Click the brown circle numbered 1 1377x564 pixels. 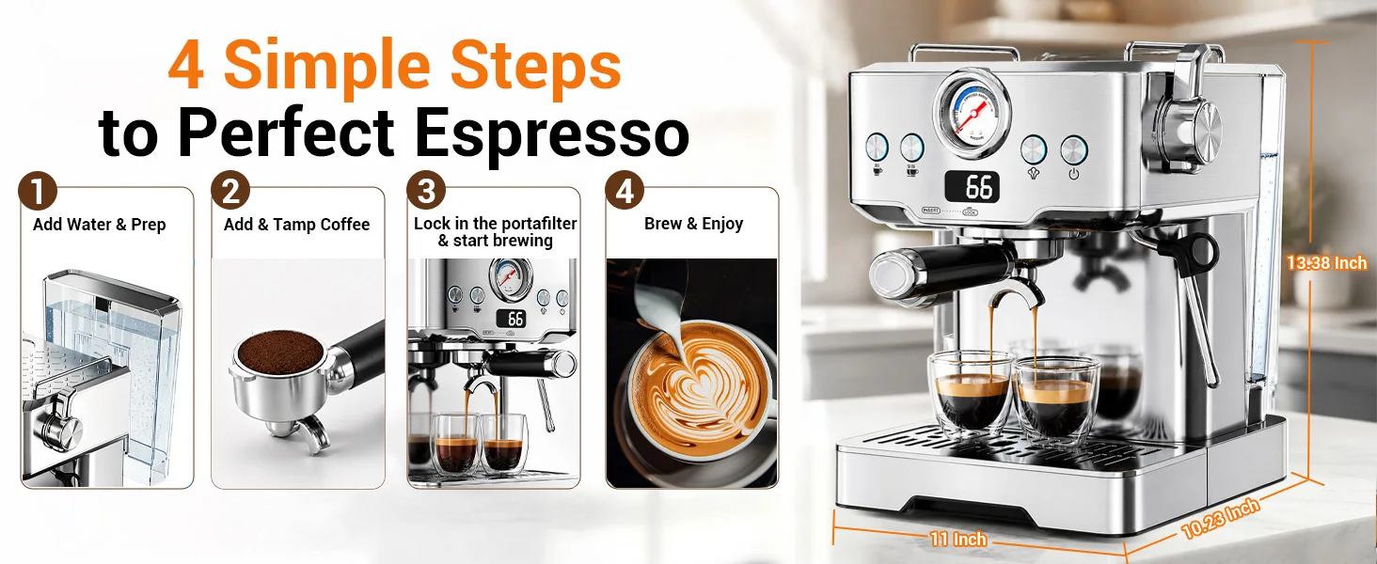pyautogui.click(x=38, y=191)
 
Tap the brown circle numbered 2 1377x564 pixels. pyautogui.click(x=230, y=191)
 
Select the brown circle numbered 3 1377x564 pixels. pyautogui.click(x=426, y=191)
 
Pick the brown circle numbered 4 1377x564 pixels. pyautogui.click(x=625, y=191)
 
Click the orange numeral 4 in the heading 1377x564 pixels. pyautogui.click(x=185, y=65)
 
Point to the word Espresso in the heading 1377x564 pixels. pyautogui.click(x=552, y=133)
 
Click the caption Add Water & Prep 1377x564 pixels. pyautogui.click(x=100, y=225)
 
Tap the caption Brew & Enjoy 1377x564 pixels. pyautogui.click(x=693, y=224)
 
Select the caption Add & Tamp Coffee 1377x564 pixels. pyautogui.click(x=297, y=225)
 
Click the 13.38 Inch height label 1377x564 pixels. pyautogui.click(x=1326, y=263)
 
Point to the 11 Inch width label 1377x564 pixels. pyautogui.click(x=958, y=539)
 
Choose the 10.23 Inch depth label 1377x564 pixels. pyautogui.click(x=1221, y=518)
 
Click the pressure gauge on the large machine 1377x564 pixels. pyautogui.click(x=972, y=115)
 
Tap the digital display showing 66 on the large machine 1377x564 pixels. pyautogui.click(x=972, y=187)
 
